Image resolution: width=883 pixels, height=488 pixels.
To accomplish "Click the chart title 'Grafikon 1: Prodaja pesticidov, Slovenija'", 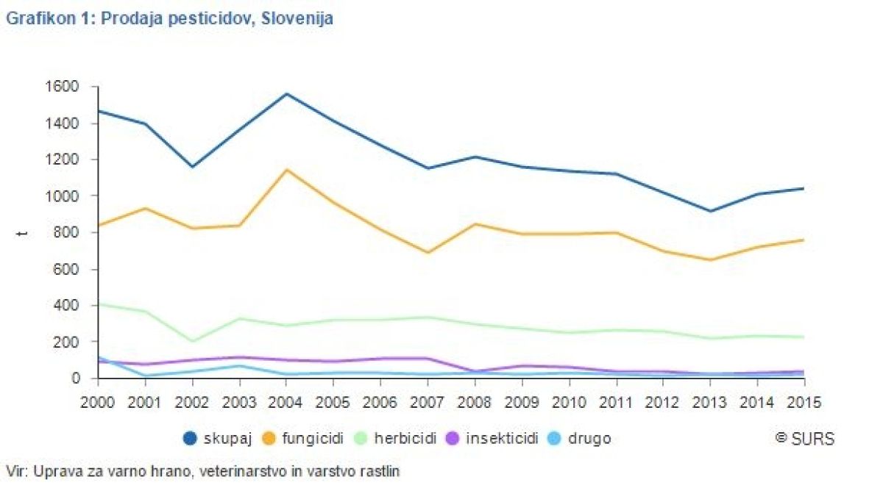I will point(169,18).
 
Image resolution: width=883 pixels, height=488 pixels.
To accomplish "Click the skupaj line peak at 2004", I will point(286,94).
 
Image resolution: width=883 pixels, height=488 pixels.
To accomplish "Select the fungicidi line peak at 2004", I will point(286,170).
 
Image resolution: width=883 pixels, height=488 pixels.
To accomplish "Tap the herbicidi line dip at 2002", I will point(192,341).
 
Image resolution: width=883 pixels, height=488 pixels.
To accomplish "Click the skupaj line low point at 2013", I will point(711,211).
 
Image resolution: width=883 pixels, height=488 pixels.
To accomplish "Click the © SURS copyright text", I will point(805,439).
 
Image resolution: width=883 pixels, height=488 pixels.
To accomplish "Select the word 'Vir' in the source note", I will point(13,470).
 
